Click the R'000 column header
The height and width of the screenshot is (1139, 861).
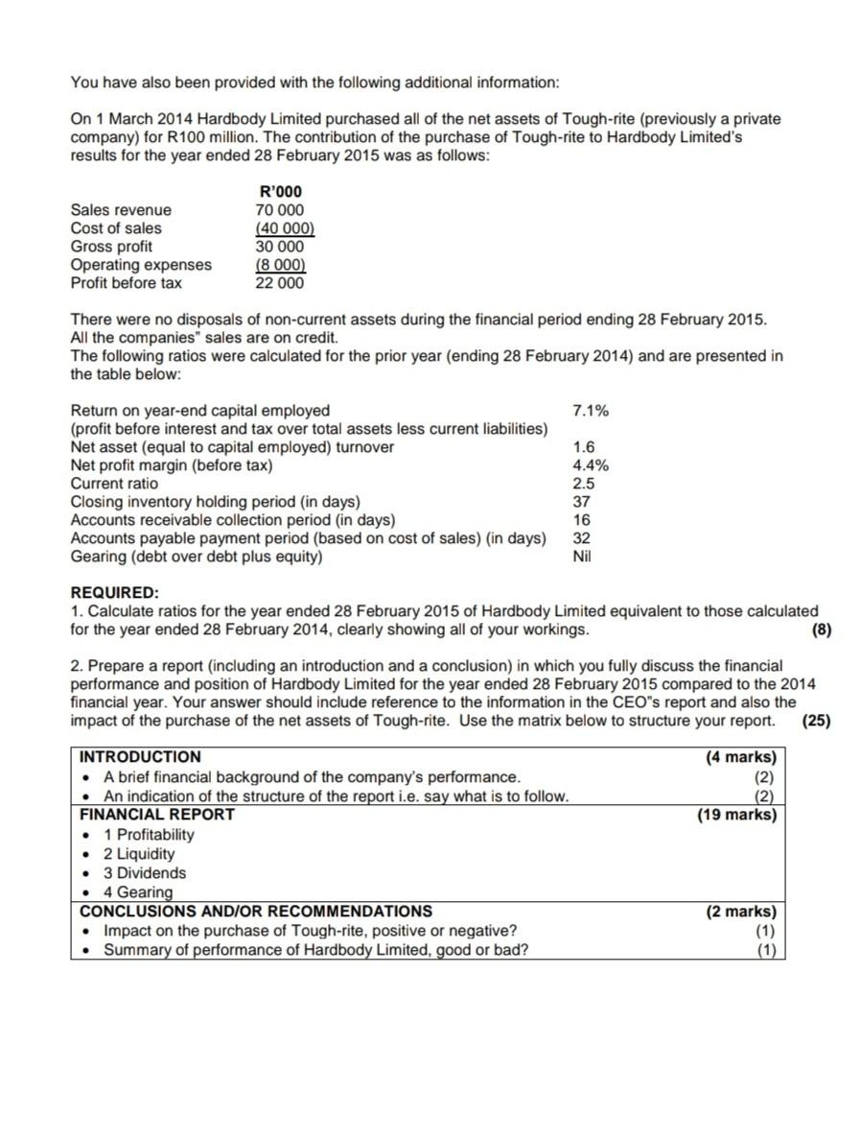tap(281, 192)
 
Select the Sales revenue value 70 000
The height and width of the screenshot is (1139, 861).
tap(280, 210)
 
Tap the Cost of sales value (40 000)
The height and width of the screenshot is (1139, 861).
tap(285, 228)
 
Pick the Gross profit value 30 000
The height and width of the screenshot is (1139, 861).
tap(280, 247)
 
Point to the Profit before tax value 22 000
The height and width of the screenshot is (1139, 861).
tap(280, 283)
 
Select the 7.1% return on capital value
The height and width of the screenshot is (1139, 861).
tap(590, 411)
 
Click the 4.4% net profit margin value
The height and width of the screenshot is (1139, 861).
tap(590, 465)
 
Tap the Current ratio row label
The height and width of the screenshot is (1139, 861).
tap(115, 484)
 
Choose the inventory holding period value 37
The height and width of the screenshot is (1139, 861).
tap(581, 502)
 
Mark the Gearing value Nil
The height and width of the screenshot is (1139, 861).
tap(582, 557)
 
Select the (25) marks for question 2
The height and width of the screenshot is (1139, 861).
tap(816, 721)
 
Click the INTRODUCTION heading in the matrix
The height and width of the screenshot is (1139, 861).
tap(140, 756)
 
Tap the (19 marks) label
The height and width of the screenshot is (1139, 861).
tap(738, 815)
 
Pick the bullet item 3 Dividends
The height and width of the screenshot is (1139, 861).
tap(145, 873)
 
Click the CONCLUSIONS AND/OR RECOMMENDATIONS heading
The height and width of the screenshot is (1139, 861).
tap(256, 912)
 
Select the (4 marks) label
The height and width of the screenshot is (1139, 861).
tap(741, 756)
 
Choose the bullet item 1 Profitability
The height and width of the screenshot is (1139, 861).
tap(149, 835)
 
